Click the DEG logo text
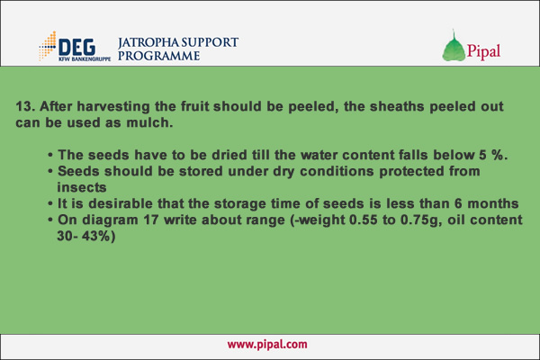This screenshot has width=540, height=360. pyautogui.click(x=77, y=47)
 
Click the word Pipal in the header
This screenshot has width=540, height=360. pyautogui.click(x=483, y=51)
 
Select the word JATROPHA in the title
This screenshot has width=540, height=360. pyautogui.click(x=148, y=42)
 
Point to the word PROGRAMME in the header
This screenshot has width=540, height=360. pyautogui.click(x=158, y=56)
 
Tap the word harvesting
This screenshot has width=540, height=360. pyautogui.click(x=113, y=107)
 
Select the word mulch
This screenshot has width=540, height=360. pyautogui.click(x=149, y=122)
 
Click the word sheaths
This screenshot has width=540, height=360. pyautogui.click(x=397, y=106)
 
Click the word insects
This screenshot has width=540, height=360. pyautogui.click(x=82, y=187)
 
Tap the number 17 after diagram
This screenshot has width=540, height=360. pyautogui.click(x=150, y=220)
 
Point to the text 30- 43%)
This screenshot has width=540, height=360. pyautogui.click(x=86, y=237)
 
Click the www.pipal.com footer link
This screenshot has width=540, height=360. pyautogui.click(x=267, y=344)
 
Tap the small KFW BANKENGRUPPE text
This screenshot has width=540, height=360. pyautogui.click(x=85, y=58)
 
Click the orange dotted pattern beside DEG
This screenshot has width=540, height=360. pyautogui.click(x=48, y=46)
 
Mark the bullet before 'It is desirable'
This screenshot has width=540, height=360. pyautogui.click(x=50, y=204)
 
